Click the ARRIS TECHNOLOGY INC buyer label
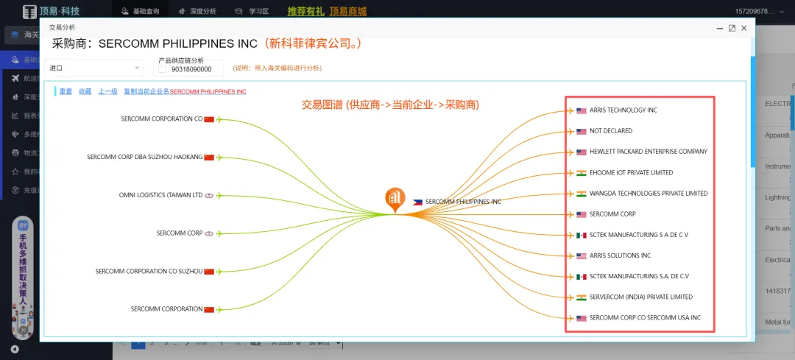(x=623, y=110)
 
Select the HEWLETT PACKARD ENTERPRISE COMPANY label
(x=648, y=152)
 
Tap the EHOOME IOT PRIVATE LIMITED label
(x=631, y=173)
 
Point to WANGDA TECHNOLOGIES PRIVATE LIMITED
(x=648, y=194)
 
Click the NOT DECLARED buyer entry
(x=610, y=131)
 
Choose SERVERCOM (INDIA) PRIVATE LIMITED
(x=640, y=297)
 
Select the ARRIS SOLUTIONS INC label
(x=620, y=256)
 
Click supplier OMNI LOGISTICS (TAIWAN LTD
(x=160, y=195)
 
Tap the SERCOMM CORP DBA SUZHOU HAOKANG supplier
(x=144, y=157)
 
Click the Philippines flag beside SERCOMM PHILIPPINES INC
(x=417, y=202)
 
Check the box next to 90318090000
(x=163, y=69)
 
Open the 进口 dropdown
(x=94, y=68)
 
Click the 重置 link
(x=66, y=91)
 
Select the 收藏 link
(x=85, y=91)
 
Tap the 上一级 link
(x=107, y=91)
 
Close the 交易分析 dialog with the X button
(x=744, y=28)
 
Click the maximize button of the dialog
(x=732, y=28)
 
